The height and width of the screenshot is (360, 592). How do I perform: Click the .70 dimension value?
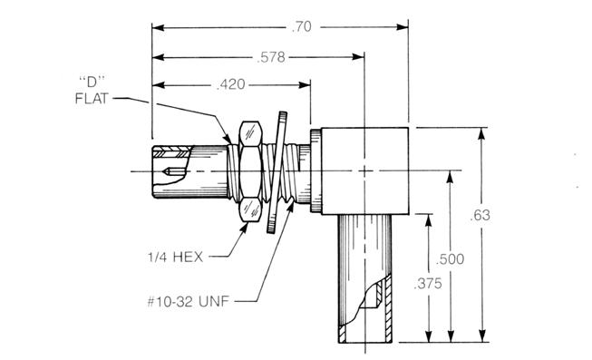302,27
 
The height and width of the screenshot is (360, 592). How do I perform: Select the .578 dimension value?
271,57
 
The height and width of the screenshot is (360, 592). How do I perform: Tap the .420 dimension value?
230,84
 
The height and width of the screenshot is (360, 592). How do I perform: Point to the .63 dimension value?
480,215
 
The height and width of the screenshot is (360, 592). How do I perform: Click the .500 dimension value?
450,259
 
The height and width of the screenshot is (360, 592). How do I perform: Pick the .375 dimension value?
427,283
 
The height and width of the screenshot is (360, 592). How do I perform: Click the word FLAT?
92,99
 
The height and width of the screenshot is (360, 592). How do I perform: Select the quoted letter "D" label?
92,82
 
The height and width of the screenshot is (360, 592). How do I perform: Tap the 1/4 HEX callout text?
175,258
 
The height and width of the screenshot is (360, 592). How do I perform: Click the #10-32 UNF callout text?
188,301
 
